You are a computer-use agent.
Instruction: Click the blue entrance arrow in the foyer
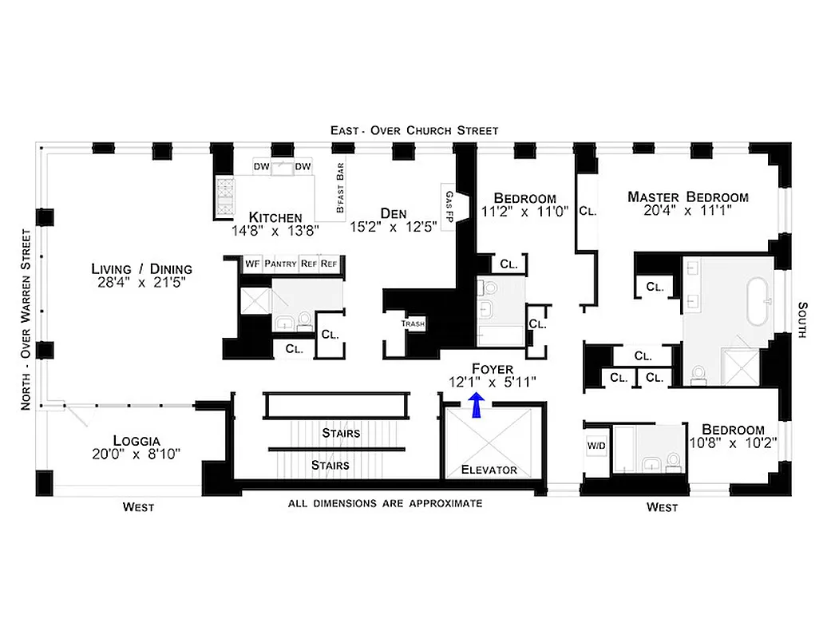(477, 406)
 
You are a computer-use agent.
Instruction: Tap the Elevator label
(489, 470)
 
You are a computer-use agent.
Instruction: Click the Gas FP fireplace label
(449, 207)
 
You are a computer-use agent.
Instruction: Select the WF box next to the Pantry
(252, 263)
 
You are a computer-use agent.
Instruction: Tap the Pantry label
(280, 263)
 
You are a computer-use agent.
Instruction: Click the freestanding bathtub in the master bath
(758, 302)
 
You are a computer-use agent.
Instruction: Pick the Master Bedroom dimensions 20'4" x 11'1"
(687, 212)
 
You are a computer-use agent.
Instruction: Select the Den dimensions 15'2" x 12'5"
(394, 228)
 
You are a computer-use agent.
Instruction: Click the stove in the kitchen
(224, 194)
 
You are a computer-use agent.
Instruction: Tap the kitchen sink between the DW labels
(282, 167)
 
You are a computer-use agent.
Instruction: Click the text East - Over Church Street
(415, 130)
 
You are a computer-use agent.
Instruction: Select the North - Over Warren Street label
(27, 319)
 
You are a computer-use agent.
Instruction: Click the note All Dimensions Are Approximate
(385, 503)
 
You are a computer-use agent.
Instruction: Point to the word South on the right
(804, 319)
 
